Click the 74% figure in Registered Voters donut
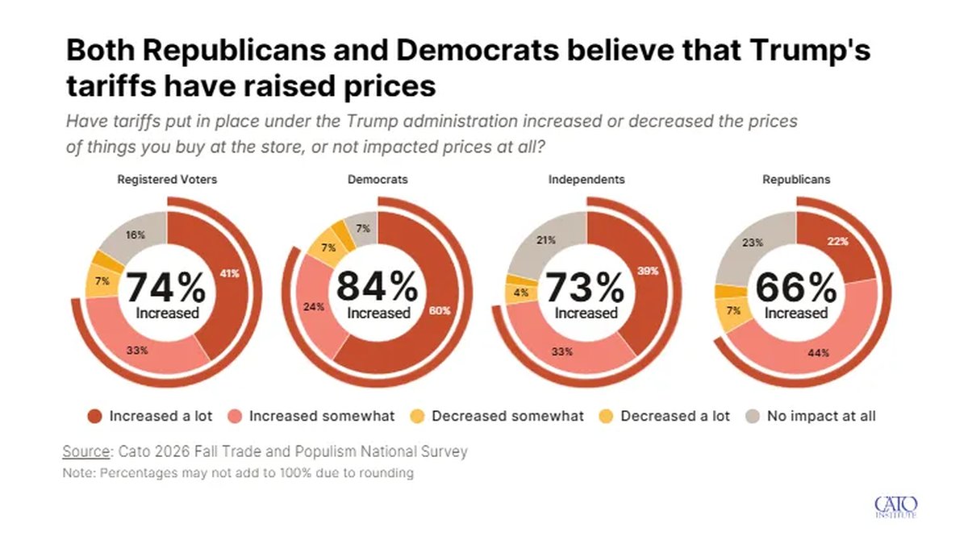[x=166, y=287]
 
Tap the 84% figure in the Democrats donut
[x=378, y=286]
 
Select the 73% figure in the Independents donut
[x=585, y=287]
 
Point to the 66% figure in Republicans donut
[x=796, y=288]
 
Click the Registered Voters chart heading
[x=167, y=180]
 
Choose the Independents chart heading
[x=586, y=180]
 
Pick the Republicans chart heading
[x=796, y=180]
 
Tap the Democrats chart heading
[x=378, y=180]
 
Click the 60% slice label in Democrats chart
[x=440, y=311]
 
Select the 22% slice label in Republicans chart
[x=838, y=241]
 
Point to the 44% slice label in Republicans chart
[x=819, y=353]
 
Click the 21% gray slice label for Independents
[x=546, y=240]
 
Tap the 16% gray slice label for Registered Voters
[x=136, y=235]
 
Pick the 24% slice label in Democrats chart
[x=314, y=307]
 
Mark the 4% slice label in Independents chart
[x=521, y=293]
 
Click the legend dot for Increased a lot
[x=94, y=417]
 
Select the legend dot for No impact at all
[x=753, y=417]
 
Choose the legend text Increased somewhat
[x=322, y=416]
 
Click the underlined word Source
[x=86, y=451]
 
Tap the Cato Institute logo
[x=896, y=507]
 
